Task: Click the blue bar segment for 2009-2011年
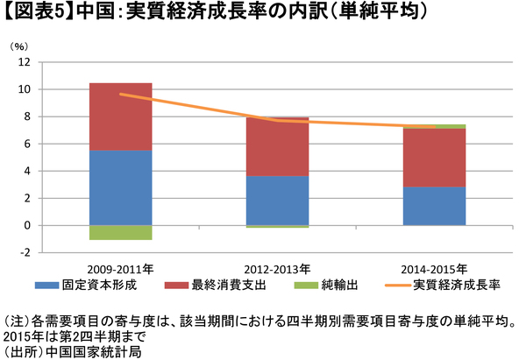(121, 187)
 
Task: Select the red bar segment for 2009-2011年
(121, 116)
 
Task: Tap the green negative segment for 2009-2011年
(121, 232)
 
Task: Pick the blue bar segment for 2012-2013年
(277, 201)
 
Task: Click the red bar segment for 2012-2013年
(277, 147)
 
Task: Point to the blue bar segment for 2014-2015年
(434, 206)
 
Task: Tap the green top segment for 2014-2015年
(434, 126)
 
